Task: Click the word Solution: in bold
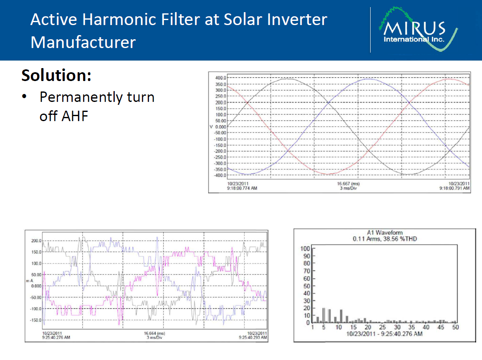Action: [x=56, y=76]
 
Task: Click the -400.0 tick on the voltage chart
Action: [x=220, y=175]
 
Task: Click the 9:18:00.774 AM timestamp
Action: [x=242, y=189]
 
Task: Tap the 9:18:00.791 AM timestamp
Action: [x=454, y=189]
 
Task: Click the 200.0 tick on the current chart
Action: [x=35, y=241]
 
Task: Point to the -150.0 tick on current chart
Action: [x=34, y=320]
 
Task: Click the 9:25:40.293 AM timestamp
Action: [x=253, y=337]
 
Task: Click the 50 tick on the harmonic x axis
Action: [x=455, y=327]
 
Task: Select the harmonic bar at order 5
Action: [x=324, y=315]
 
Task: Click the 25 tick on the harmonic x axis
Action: [x=382, y=327]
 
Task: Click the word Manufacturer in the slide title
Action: [x=83, y=43]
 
